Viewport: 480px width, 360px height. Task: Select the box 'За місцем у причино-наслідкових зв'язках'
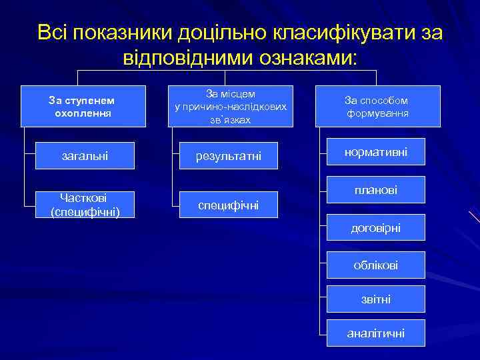[229, 107]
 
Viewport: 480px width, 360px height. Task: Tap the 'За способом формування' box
[377, 107]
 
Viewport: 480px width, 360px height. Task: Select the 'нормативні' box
[376, 153]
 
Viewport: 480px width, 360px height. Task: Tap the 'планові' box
[376, 190]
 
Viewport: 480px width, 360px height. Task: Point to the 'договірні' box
[376, 227]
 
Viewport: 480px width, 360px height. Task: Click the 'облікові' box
[376, 265]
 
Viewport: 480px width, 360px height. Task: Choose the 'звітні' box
[376, 299]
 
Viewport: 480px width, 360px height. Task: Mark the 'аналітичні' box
[376, 333]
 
